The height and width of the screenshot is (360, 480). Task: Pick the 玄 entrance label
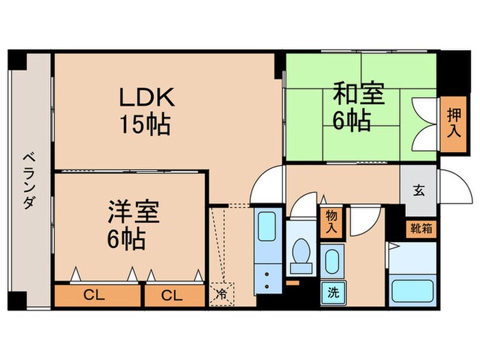418,191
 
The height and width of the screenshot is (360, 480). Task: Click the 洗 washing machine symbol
333,291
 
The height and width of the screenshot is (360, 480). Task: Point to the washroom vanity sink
332,263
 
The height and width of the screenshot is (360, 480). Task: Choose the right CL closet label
173,296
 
